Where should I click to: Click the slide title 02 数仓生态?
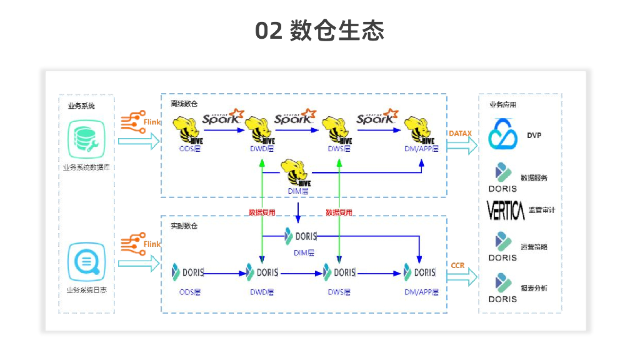point(319,31)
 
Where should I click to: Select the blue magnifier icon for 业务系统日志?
point(86,262)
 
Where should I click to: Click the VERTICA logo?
point(506,211)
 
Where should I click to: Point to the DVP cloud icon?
point(504,136)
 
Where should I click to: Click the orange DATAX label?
point(460,134)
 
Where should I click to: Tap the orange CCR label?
point(457,266)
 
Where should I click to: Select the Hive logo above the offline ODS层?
point(189,130)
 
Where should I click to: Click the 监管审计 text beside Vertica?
point(541,211)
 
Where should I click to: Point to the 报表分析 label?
point(534,288)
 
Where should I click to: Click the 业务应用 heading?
point(502,105)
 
